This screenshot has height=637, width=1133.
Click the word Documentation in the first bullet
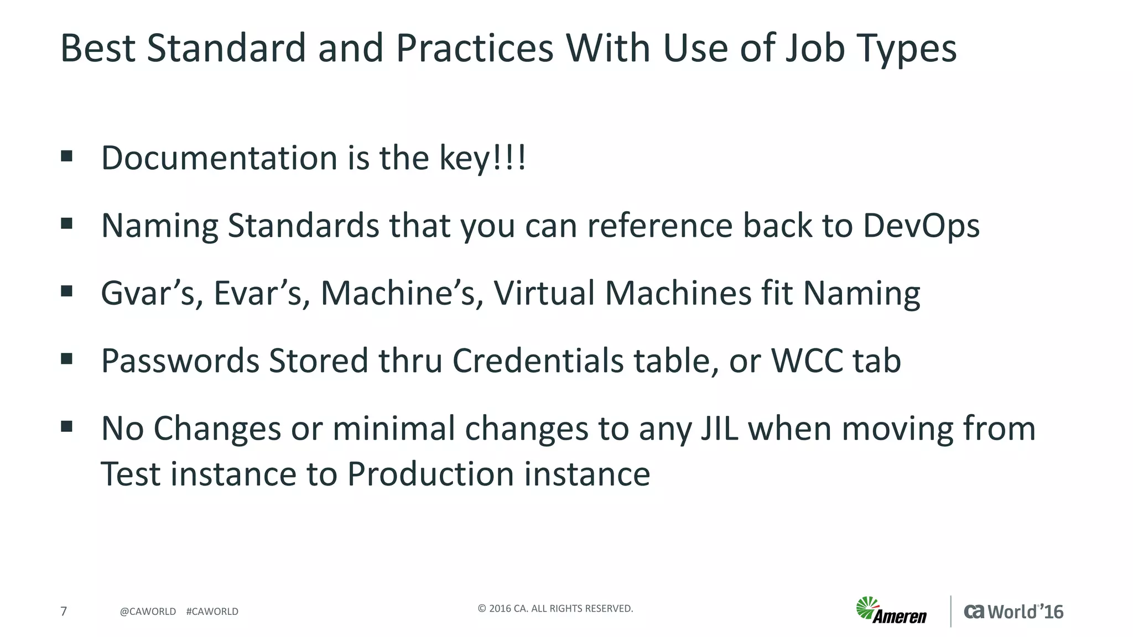(219, 158)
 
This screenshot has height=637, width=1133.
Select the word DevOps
(921, 226)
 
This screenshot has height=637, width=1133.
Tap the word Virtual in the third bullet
(544, 293)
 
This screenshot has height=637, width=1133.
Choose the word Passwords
(180, 361)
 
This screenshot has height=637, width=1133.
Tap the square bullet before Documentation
(67, 156)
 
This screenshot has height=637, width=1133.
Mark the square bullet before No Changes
(67, 426)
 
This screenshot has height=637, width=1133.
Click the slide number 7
(64, 611)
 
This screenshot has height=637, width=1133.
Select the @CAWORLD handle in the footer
(148, 612)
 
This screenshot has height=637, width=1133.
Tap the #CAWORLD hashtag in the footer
(212, 612)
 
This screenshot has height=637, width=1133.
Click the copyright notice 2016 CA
(555, 609)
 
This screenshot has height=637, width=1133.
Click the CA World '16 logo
(1014, 612)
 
